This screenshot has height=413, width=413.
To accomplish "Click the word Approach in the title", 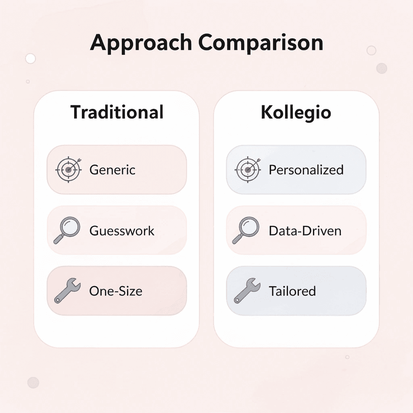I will click(x=140, y=43).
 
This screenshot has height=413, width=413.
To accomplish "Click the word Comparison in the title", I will click(x=261, y=42).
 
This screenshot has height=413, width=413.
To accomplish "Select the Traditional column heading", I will click(x=117, y=112).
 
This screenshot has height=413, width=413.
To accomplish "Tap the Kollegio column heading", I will click(x=296, y=112).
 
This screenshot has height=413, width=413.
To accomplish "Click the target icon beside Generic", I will click(x=68, y=169).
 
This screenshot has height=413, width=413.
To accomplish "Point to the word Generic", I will click(x=113, y=170).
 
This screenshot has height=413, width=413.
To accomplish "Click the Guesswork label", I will click(x=122, y=231).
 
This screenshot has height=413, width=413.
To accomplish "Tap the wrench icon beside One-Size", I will click(x=67, y=290).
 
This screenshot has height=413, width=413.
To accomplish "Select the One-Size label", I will click(x=116, y=291).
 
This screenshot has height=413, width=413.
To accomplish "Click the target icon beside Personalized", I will click(x=247, y=169).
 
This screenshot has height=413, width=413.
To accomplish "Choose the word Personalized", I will click(x=306, y=170).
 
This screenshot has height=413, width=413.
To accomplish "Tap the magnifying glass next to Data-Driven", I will click(x=246, y=230).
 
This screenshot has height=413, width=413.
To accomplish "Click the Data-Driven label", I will click(x=305, y=231).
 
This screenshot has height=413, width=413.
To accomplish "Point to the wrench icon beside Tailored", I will click(x=246, y=290).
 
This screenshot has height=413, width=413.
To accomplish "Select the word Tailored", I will click(x=292, y=291).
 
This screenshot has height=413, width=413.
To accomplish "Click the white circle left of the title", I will click(x=30, y=58).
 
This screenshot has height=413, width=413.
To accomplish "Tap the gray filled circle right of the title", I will click(x=382, y=68).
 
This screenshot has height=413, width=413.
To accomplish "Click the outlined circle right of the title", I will click(x=371, y=50).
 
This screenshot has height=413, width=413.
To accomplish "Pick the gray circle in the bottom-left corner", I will click(x=33, y=382).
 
